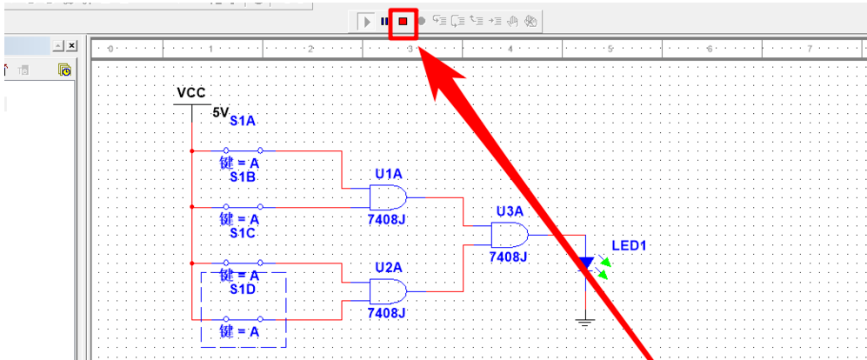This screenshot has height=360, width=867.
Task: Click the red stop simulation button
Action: pyautogui.click(x=403, y=21)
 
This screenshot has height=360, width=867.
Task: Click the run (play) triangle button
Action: pyautogui.click(x=367, y=21)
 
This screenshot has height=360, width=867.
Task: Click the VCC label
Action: pyautogui.click(x=191, y=92)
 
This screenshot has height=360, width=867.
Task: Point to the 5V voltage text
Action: pyautogui.click(x=220, y=112)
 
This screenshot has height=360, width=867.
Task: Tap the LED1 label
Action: pyautogui.click(x=630, y=246)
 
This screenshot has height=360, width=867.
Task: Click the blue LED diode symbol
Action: pyautogui.click(x=587, y=262)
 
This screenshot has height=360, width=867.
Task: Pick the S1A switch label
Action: pyautogui.click(x=243, y=122)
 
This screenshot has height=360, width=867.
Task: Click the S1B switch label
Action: pyautogui.click(x=243, y=177)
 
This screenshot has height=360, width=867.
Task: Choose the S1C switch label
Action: pyautogui.click(x=243, y=233)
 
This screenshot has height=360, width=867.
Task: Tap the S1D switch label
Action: pyautogui.click(x=243, y=289)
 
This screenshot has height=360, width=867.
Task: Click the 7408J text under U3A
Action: pyautogui.click(x=509, y=257)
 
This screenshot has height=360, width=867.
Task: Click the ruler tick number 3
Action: pyautogui.click(x=410, y=50)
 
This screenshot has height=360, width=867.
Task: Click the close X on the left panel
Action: pyautogui.click(x=71, y=45)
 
